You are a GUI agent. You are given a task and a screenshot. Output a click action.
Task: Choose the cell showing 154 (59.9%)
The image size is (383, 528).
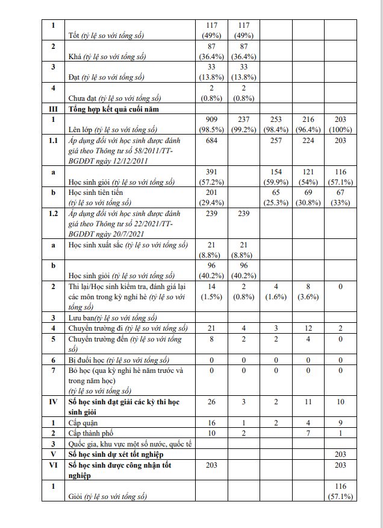[x=276, y=177]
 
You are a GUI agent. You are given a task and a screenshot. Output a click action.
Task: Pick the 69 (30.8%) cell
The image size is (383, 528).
[x=308, y=197]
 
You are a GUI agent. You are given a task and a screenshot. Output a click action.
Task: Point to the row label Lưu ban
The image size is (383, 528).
[x=81, y=317]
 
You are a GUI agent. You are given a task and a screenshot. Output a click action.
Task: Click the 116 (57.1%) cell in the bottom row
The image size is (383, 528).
[x=340, y=491]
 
